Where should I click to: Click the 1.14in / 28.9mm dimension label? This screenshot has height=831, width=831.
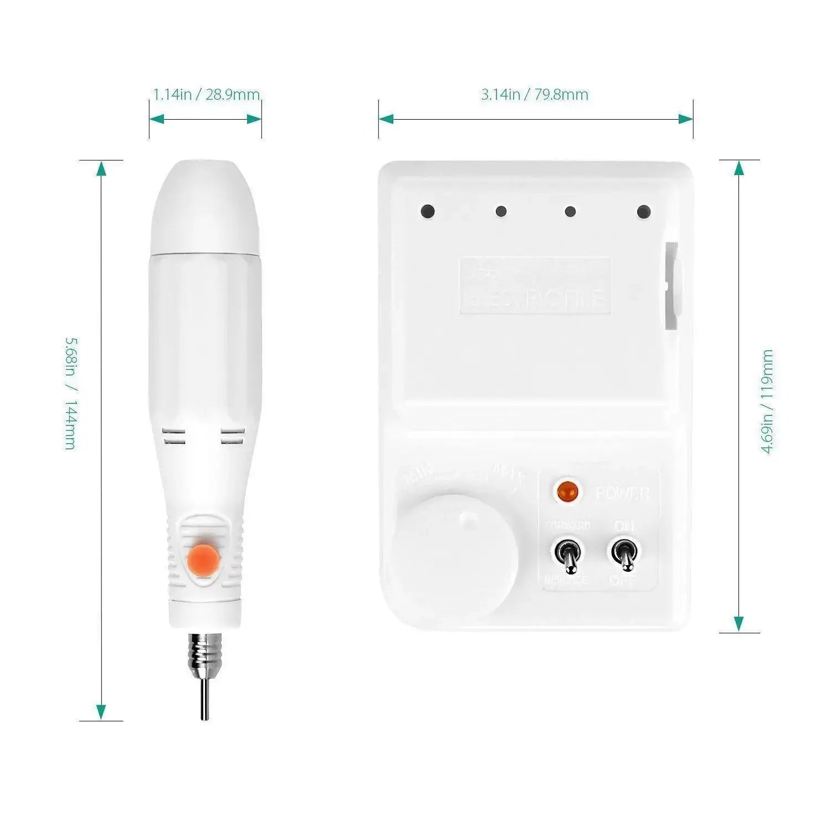pyautogui.click(x=206, y=95)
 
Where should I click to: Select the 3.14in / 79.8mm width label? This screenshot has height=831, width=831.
pyautogui.click(x=535, y=95)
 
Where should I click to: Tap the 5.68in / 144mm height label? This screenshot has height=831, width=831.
pyautogui.click(x=70, y=393)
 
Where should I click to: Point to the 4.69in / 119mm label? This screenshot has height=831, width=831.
pyautogui.click(x=767, y=402)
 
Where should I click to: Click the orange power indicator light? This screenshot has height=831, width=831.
pyautogui.click(x=567, y=490)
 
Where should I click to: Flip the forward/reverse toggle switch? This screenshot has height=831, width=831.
pyautogui.click(x=568, y=556)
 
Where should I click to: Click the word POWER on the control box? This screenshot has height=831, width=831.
pyautogui.click(x=622, y=493)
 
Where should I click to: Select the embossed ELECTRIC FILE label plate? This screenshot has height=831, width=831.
pyautogui.click(x=535, y=285)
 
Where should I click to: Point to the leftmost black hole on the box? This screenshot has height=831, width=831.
pyautogui.click(x=427, y=211)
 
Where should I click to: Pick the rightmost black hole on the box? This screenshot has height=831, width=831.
pyautogui.click(x=643, y=211)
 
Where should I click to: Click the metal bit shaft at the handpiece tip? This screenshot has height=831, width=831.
pyautogui.click(x=204, y=695)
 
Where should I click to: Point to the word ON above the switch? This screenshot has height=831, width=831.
pyautogui.click(x=624, y=525)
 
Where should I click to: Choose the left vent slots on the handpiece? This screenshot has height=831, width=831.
pyautogui.click(x=174, y=436)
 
